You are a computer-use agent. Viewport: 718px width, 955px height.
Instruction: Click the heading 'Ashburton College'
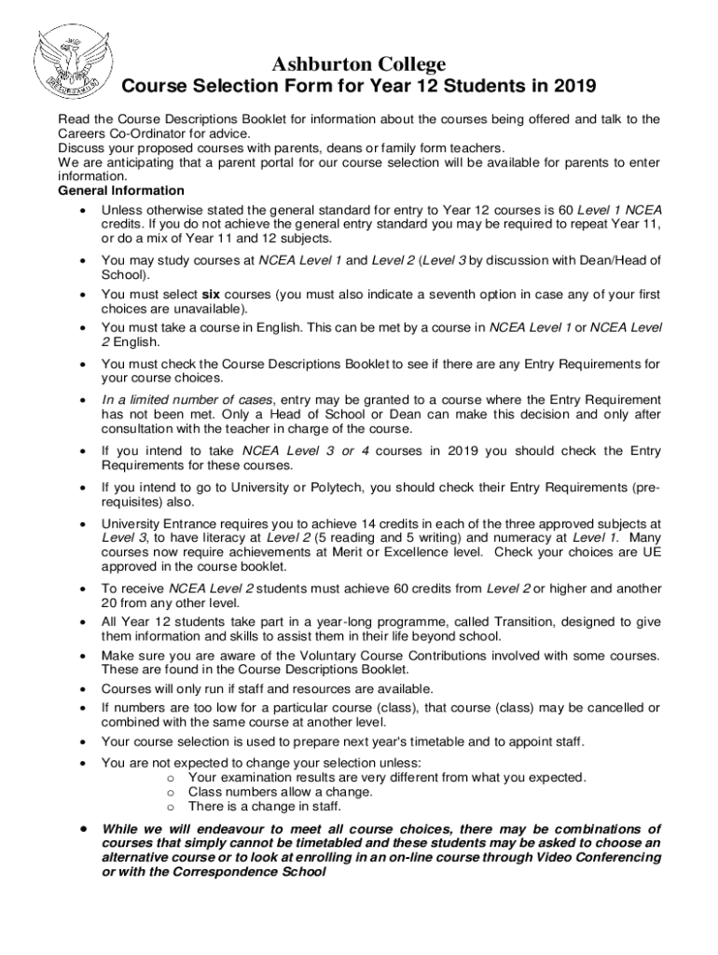click(359, 64)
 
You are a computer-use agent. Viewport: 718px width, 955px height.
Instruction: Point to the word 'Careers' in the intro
click(81, 133)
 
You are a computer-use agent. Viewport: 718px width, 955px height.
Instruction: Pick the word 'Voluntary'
click(328, 656)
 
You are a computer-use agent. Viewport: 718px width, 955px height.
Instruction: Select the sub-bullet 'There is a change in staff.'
click(265, 806)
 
